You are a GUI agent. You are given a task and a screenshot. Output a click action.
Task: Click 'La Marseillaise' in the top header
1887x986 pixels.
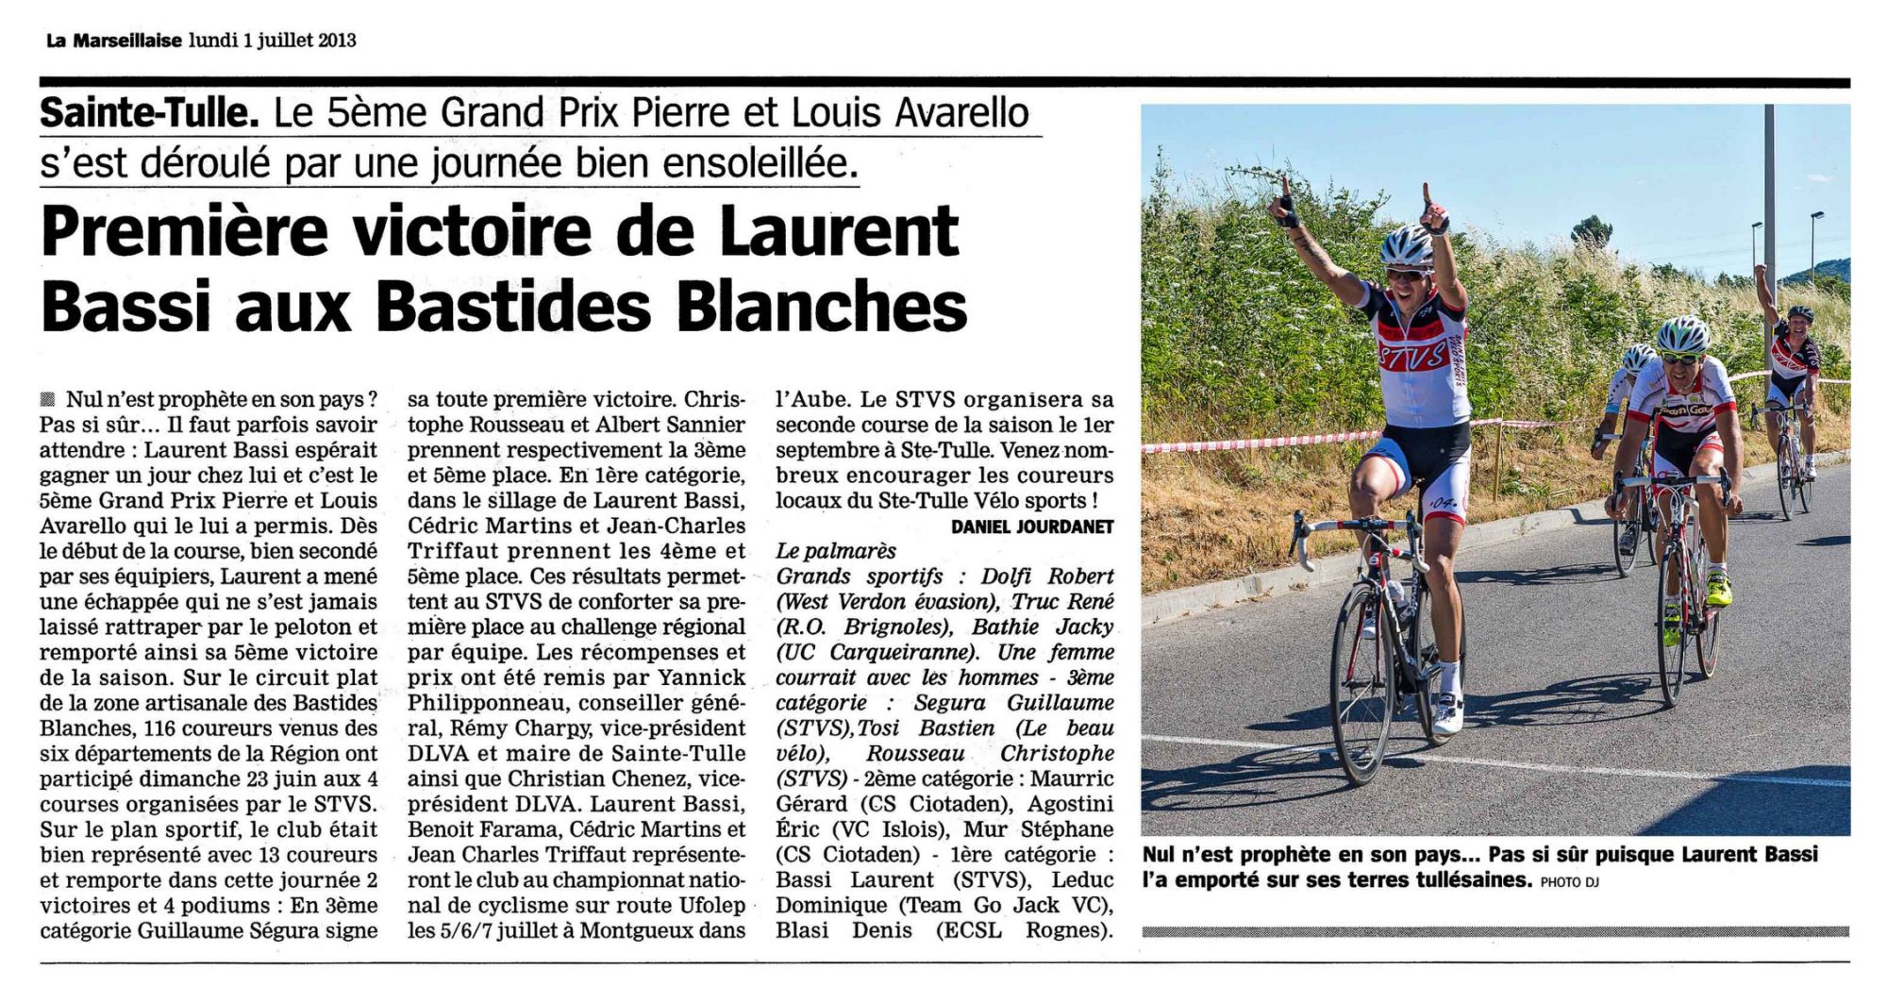click(x=113, y=41)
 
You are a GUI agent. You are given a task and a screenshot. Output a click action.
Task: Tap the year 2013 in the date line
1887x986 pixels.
click(x=337, y=41)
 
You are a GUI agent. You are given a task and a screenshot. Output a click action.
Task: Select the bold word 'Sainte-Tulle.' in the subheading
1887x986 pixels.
click(x=149, y=113)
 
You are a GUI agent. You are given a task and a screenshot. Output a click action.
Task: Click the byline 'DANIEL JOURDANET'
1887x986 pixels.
click(x=1032, y=526)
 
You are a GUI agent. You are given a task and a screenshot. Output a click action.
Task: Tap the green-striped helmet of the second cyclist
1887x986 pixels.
click(x=1683, y=333)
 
